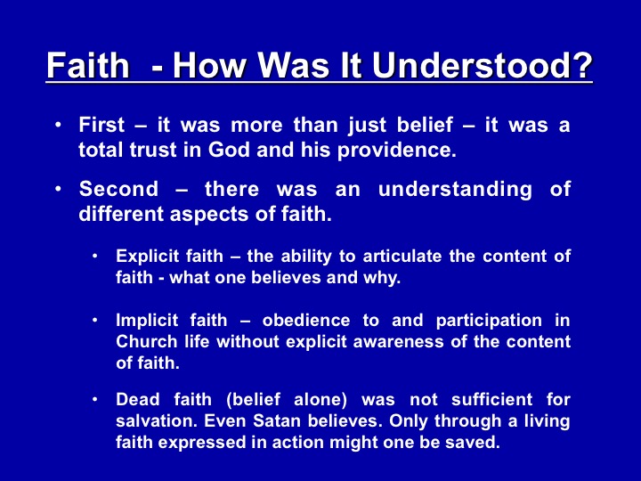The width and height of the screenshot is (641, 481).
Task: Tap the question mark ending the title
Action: pyautogui.click(x=580, y=65)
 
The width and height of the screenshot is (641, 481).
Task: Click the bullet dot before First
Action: pyautogui.click(x=59, y=124)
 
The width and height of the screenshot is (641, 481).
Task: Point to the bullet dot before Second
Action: pyautogui.click(x=59, y=189)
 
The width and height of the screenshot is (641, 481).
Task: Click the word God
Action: pyautogui.click(x=229, y=150)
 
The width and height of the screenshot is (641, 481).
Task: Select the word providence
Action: pyautogui.click(x=396, y=151)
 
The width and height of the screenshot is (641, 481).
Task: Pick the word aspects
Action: pyautogui.click(x=209, y=215)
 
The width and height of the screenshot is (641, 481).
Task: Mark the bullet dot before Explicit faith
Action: pyautogui.click(x=95, y=256)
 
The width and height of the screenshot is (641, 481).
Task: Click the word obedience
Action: pyautogui.click(x=306, y=321)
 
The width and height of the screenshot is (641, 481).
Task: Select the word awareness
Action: pyautogui.click(x=398, y=342)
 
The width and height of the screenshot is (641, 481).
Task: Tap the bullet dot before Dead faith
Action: pyautogui.click(x=95, y=399)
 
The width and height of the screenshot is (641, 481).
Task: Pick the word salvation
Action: pyautogui.click(x=157, y=420)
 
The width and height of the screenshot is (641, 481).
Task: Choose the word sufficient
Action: pyautogui.click(x=491, y=400)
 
